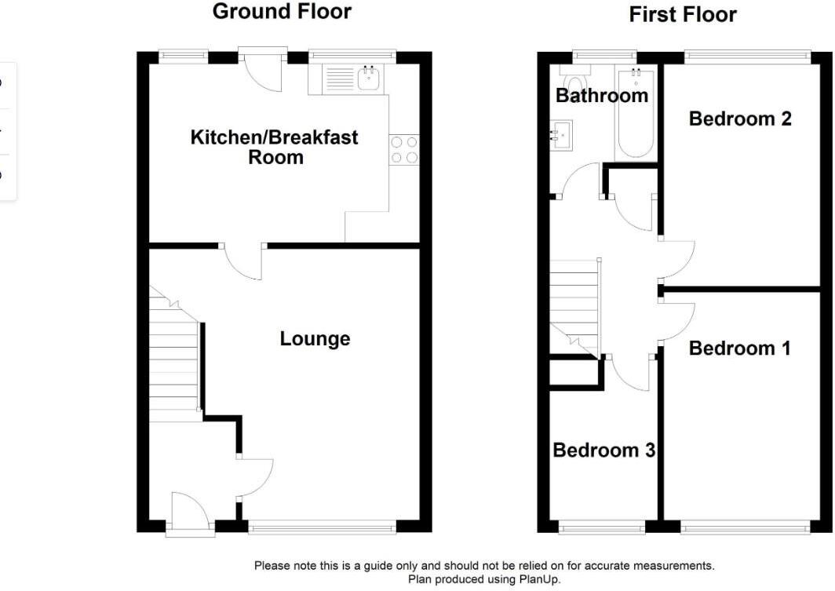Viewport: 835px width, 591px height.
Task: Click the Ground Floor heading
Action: (x=282, y=12)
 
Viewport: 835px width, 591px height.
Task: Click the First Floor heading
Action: (x=683, y=15)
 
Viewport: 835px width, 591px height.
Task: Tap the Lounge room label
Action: (x=315, y=339)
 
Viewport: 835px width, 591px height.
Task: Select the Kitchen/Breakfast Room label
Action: (x=274, y=147)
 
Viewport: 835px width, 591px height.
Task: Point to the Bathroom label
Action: (x=602, y=96)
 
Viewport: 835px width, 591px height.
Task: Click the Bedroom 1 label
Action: (x=739, y=348)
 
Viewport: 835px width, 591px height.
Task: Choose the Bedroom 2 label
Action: (x=739, y=119)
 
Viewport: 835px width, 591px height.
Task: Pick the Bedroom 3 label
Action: (x=603, y=451)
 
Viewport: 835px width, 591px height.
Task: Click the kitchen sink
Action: (x=369, y=78)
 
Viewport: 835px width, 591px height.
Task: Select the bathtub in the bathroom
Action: (x=636, y=114)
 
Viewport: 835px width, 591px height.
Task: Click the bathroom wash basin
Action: (x=562, y=134)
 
